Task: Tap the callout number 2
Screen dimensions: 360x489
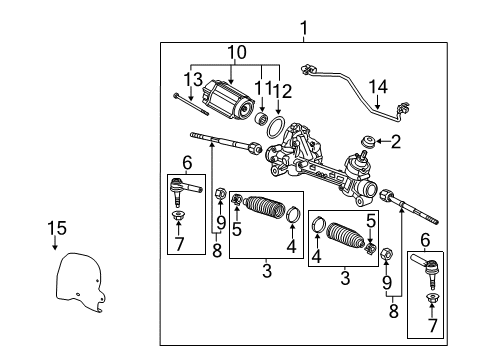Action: pyautogui.click(x=396, y=142)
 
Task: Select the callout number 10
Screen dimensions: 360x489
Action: pyautogui.click(x=236, y=52)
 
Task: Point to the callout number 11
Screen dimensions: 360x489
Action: pyautogui.click(x=262, y=90)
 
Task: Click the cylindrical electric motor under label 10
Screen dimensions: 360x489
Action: pyautogui.click(x=230, y=103)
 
